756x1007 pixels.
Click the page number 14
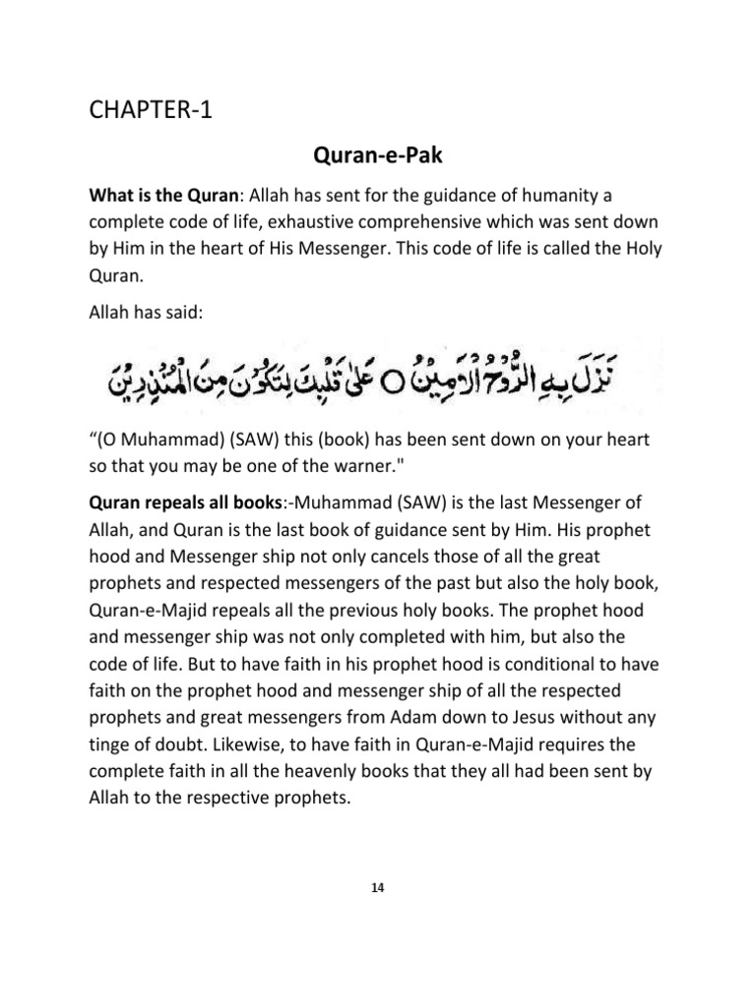(x=378, y=887)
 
